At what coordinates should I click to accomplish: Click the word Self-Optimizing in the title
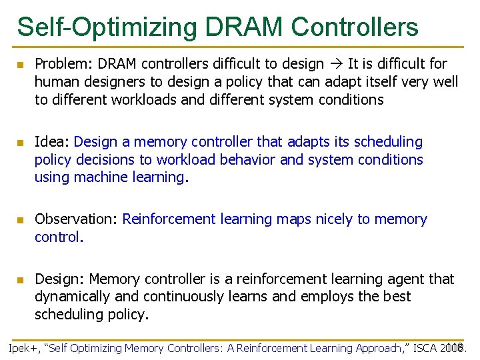tap(107, 27)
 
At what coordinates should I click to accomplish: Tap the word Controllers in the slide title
tap(355, 27)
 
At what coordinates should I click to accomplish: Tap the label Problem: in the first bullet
tap(62, 64)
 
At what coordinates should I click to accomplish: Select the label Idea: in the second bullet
tap(52, 142)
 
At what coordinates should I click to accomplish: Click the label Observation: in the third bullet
tap(77, 219)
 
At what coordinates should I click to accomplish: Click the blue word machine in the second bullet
tap(100, 177)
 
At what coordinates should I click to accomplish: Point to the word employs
tap(325, 297)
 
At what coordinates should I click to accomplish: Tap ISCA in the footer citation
tap(425, 348)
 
